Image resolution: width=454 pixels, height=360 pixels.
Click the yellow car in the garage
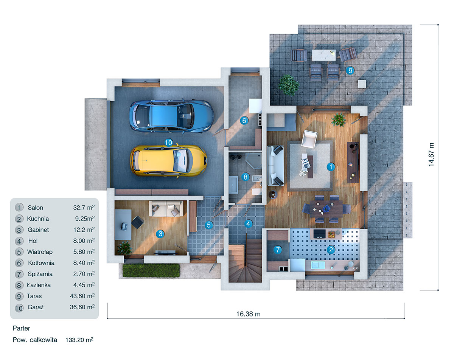(169, 160)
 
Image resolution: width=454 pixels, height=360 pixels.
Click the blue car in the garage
(171, 116)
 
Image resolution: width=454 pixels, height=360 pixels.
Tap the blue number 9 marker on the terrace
(350, 70)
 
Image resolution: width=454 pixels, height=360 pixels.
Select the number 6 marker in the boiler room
(244, 121)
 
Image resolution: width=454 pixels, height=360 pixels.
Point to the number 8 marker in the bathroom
(245, 177)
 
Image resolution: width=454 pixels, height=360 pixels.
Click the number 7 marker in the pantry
(278, 250)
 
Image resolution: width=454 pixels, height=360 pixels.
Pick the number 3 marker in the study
(160, 234)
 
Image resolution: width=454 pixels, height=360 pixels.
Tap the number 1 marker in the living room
(331, 166)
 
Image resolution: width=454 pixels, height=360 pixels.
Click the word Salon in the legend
(35, 208)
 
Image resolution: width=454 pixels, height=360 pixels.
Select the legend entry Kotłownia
(41, 263)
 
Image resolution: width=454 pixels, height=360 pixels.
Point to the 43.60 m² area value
(82, 296)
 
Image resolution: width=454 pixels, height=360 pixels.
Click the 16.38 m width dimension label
(248, 314)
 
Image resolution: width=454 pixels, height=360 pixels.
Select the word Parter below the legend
(21, 328)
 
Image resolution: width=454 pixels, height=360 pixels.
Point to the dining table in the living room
(327, 208)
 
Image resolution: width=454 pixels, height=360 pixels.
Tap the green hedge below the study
(151, 270)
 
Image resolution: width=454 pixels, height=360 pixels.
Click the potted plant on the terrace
(289, 84)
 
